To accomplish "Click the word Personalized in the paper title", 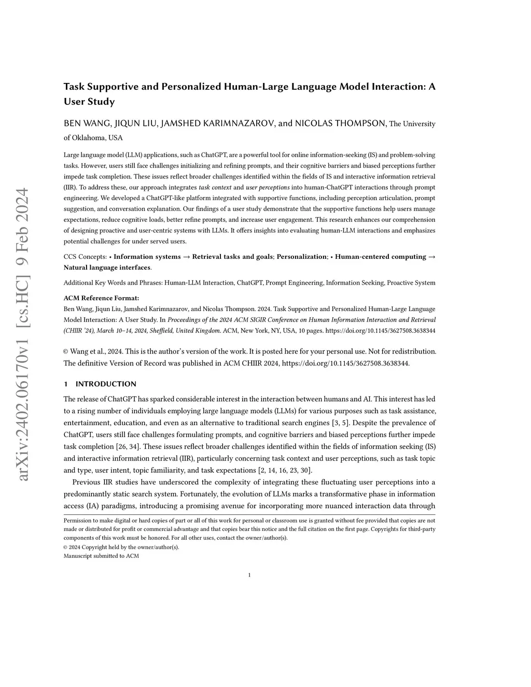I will point(191,87).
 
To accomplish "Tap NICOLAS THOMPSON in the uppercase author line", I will point(340,123).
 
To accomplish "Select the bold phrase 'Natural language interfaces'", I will point(107,268).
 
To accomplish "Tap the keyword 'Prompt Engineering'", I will point(294,283).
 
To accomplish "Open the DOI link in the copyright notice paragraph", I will point(345,363).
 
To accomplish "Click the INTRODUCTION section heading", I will point(106,384).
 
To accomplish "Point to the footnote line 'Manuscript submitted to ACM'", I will point(101,556).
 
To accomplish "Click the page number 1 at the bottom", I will point(249,575).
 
